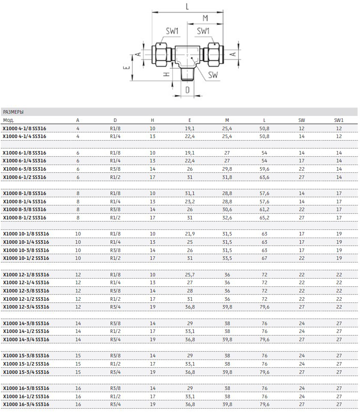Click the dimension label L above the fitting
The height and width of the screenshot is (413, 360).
(x=187, y=6)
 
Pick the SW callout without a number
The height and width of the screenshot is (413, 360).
(x=213, y=75)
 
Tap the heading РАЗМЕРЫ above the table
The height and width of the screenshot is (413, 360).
(x=13, y=112)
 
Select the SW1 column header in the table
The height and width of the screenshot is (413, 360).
(x=339, y=120)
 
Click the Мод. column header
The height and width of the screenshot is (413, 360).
(x=9, y=120)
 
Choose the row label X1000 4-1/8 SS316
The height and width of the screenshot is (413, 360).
(x=24, y=128)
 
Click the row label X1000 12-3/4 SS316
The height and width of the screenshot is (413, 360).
(x=26, y=307)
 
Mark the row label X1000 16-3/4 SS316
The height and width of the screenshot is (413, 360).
(x=26, y=404)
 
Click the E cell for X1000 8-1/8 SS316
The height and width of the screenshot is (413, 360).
(x=189, y=193)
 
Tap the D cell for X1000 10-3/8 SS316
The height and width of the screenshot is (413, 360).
(x=115, y=250)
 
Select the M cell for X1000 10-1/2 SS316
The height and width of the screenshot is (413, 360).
(x=227, y=258)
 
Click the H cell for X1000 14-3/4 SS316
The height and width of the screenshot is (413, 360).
(x=152, y=339)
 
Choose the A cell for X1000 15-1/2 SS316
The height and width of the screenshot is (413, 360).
(x=78, y=364)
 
